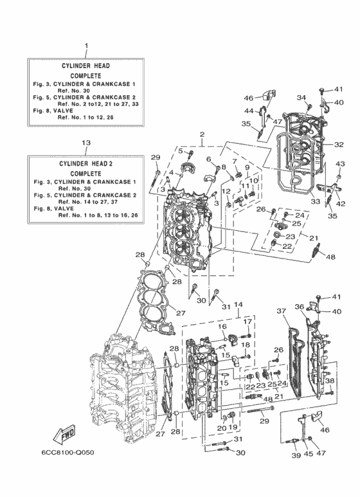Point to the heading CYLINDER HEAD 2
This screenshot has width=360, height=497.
[x=86, y=164]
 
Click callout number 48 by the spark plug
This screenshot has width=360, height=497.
[x=330, y=257]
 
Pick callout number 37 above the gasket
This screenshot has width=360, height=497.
[x=281, y=311]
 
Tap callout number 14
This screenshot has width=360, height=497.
[x=237, y=304]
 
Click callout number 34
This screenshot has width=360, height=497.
[x=301, y=97]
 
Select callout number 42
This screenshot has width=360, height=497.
[x=341, y=204]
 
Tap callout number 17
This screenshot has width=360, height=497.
[x=246, y=321]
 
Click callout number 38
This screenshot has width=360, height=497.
[x=330, y=381]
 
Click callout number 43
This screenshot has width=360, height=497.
[x=340, y=164]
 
